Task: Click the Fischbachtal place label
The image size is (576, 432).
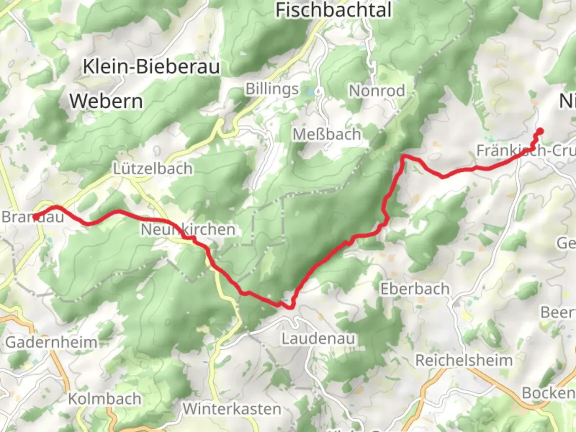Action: pos(333,10)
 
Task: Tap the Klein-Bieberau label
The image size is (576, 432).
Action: pos(151,66)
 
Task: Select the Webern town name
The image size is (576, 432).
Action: pos(106,101)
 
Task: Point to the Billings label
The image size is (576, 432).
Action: pos(272,89)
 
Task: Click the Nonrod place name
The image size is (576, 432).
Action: pos(377,91)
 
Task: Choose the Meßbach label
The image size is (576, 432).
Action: pos(327,134)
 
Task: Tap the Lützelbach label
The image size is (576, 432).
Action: pos(152,168)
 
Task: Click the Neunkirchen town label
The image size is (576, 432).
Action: pos(188,230)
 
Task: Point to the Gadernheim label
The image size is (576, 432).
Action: pos(51,342)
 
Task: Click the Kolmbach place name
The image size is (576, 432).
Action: pos(104,399)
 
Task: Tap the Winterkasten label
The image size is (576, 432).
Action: pos(232,409)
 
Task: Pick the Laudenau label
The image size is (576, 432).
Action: pos(318,339)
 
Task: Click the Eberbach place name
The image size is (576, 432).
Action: pos(415,289)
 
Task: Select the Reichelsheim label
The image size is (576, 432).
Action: pos(464,360)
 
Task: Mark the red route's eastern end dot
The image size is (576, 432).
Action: pos(540,130)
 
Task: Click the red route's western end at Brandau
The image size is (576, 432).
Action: pos(36,217)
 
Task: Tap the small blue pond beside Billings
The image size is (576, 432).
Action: pos(310,92)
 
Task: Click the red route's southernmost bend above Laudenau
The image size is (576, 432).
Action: pos(290,307)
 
